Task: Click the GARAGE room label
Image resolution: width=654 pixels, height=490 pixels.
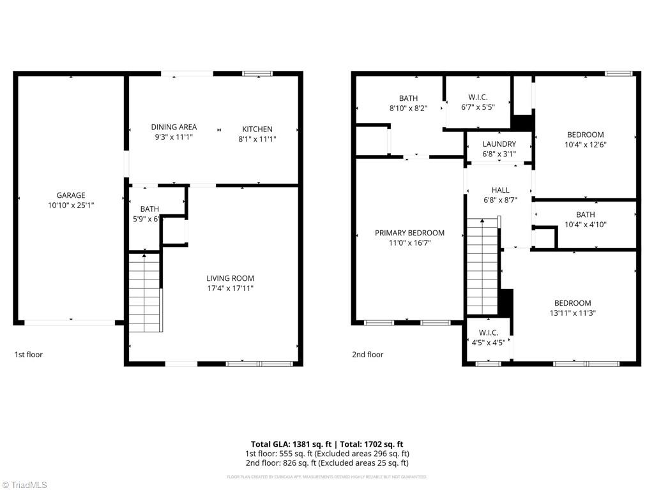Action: pyautogui.click(x=70, y=195)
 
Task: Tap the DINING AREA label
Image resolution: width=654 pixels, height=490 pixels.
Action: pyautogui.click(x=174, y=127)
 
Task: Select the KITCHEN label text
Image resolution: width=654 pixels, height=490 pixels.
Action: pyautogui.click(x=257, y=129)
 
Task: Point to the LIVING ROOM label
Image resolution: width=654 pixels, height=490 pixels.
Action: pyautogui.click(x=230, y=278)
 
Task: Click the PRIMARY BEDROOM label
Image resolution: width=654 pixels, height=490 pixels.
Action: pyautogui.click(x=409, y=233)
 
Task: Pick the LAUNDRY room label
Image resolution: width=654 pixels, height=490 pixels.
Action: pyautogui.click(x=499, y=144)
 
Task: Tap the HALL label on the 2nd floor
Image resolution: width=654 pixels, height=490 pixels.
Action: pyautogui.click(x=500, y=190)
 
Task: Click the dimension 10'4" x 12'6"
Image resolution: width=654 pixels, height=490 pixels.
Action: pyautogui.click(x=585, y=145)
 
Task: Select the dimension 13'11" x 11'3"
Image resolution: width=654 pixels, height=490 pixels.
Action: pyautogui.click(x=572, y=313)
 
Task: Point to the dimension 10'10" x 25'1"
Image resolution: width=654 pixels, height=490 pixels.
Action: pyautogui.click(x=70, y=205)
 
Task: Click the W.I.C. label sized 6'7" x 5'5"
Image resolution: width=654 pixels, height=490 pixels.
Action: pyautogui.click(x=478, y=97)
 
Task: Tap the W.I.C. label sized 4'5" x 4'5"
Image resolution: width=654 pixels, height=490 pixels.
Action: pyautogui.click(x=488, y=332)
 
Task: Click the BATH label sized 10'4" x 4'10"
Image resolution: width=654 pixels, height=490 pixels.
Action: pyautogui.click(x=585, y=214)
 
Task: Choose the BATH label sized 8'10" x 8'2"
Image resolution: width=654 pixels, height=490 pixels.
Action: pyautogui.click(x=408, y=98)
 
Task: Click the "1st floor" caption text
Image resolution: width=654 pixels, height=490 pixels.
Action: pyautogui.click(x=29, y=355)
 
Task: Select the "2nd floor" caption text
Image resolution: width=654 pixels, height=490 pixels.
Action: pyautogui.click(x=367, y=355)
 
